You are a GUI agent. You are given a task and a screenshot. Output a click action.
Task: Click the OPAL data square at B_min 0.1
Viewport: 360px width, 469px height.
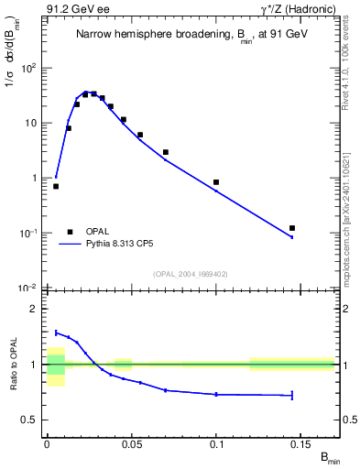216,182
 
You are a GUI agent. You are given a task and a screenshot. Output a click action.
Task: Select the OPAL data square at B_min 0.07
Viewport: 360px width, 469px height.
165,152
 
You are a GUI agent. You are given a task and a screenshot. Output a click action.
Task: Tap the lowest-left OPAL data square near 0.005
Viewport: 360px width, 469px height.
56,186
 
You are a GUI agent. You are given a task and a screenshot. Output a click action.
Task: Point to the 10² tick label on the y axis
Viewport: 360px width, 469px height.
27,69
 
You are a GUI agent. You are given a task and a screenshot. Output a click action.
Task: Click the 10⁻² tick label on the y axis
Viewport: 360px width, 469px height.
27,289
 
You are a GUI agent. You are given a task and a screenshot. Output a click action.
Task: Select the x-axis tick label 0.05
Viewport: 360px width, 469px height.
131,442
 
